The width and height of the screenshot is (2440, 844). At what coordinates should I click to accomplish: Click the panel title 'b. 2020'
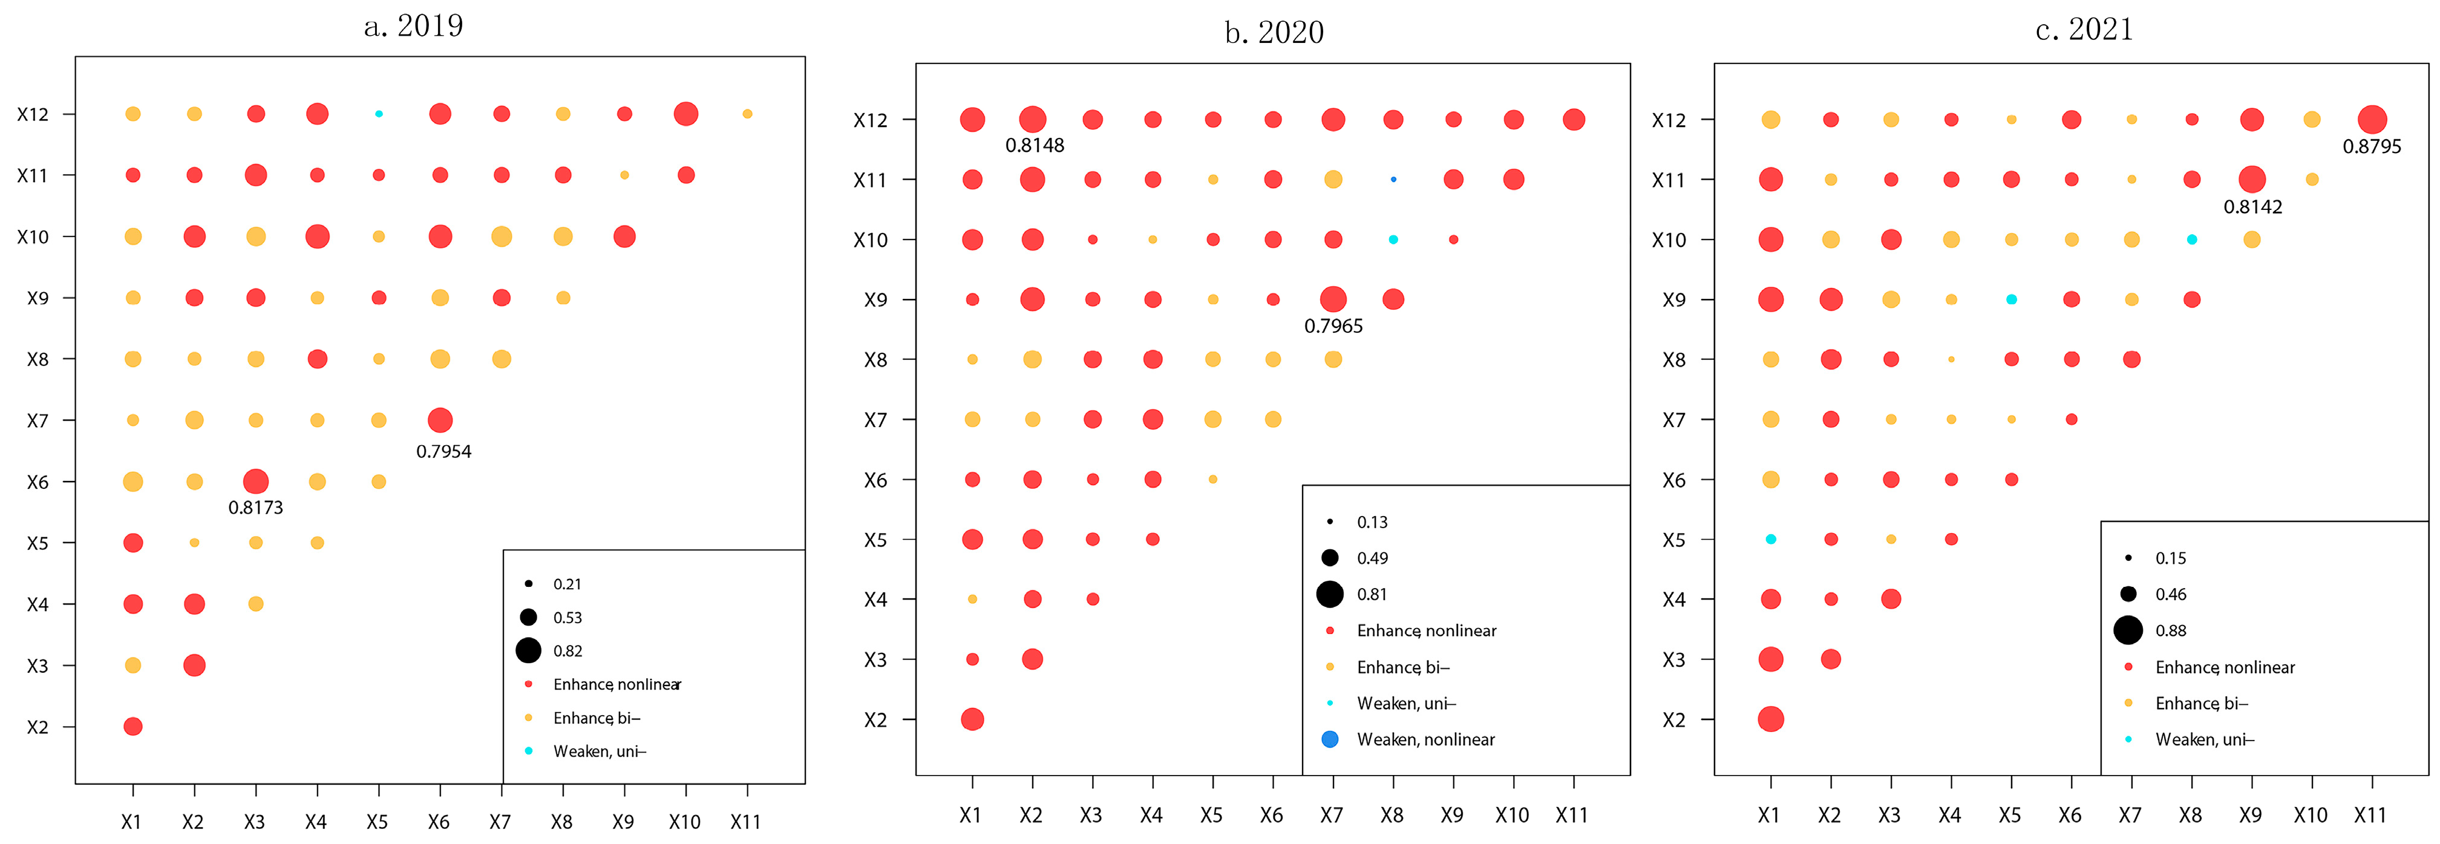coord(1274,32)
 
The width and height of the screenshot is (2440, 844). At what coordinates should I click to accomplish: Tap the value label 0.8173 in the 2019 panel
coord(256,508)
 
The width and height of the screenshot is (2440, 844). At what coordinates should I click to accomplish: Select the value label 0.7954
coord(443,452)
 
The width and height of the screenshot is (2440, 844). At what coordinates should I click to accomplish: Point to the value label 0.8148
coord(1035,146)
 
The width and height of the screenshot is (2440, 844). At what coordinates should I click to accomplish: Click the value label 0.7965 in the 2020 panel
coord(1333,327)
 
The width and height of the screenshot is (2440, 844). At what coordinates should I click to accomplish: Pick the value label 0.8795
coord(2371,147)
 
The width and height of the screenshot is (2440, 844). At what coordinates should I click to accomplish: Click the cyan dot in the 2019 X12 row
coord(379,114)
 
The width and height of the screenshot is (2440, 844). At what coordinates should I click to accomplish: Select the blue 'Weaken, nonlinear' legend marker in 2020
coord(1330,739)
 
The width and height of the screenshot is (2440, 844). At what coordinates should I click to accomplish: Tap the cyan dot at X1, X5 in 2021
coord(1770,539)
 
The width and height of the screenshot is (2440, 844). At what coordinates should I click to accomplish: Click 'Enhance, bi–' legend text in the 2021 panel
coord(2200,704)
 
